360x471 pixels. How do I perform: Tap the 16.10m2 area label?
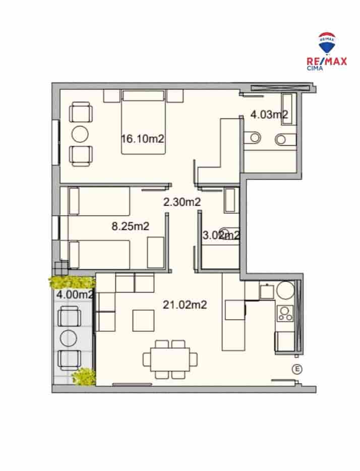tap(143, 138)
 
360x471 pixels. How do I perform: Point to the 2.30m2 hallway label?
tap(182, 202)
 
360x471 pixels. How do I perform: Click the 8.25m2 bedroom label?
tap(130, 226)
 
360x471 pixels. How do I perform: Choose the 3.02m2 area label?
tap(220, 234)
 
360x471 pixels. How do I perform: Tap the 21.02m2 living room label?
tap(186, 304)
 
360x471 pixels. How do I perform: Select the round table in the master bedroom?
tap(80, 134)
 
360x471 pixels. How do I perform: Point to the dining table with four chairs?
tap(170, 359)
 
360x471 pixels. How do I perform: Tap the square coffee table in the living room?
tap(143, 320)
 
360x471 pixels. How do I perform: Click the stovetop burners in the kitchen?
tap(286, 314)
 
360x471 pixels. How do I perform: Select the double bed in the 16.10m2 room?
tap(143, 122)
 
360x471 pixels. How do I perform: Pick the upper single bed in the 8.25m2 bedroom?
tap(99, 200)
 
